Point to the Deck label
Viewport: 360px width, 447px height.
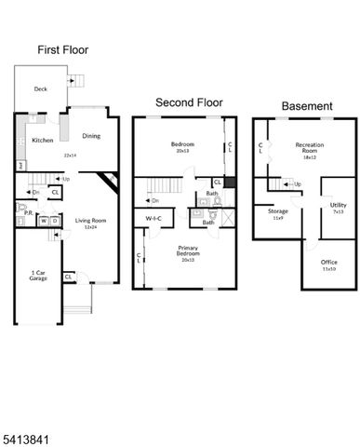click(x=41, y=90)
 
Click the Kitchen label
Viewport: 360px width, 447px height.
click(x=43, y=141)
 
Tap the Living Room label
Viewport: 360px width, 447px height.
click(x=91, y=220)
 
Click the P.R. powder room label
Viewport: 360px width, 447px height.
click(x=29, y=211)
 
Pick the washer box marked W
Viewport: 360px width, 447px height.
click(x=43, y=221)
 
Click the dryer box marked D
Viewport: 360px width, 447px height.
click(x=54, y=221)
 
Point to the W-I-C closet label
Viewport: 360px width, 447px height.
click(x=153, y=219)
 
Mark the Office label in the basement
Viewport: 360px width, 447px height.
click(x=329, y=263)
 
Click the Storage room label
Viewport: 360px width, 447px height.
click(x=277, y=212)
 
